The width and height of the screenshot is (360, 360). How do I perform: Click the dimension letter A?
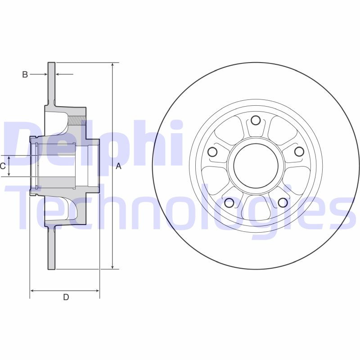(119, 166)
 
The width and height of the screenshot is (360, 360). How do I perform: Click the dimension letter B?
(25, 74)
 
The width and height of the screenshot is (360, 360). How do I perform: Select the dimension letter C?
(3, 166)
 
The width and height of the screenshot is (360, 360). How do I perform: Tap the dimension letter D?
(66, 297)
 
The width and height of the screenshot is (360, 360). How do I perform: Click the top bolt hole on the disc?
(256, 120)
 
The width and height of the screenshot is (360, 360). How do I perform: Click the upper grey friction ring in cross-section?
(51, 81)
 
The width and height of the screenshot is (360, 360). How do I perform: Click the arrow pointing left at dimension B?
(58, 74)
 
